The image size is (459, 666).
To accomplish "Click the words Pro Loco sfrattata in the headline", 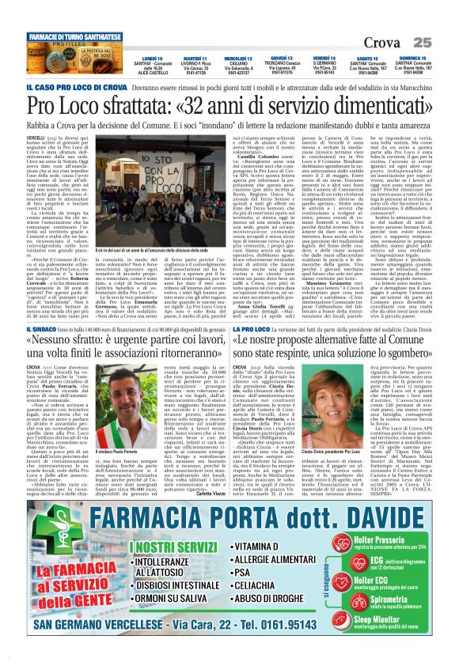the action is click(x=102, y=103).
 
